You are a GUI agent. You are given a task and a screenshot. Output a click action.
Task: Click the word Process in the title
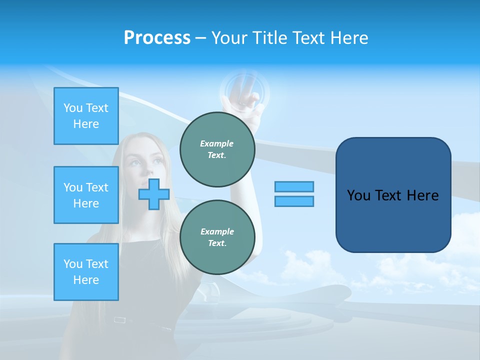(x=157, y=38)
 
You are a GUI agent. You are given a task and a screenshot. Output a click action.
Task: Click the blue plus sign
(x=153, y=194)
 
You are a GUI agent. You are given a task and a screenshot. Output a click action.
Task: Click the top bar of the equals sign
(x=294, y=186)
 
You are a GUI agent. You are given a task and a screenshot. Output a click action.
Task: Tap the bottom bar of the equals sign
(x=294, y=201)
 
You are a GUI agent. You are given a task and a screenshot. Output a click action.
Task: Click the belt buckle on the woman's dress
(x=119, y=319)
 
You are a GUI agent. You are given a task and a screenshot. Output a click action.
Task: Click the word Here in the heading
(x=348, y=38)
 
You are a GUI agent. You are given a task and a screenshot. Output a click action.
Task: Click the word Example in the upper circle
(x=216, y=143)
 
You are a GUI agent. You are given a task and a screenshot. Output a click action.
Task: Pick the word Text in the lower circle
(x=216, y=243)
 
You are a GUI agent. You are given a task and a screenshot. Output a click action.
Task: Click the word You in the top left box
(x=73, y=108)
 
